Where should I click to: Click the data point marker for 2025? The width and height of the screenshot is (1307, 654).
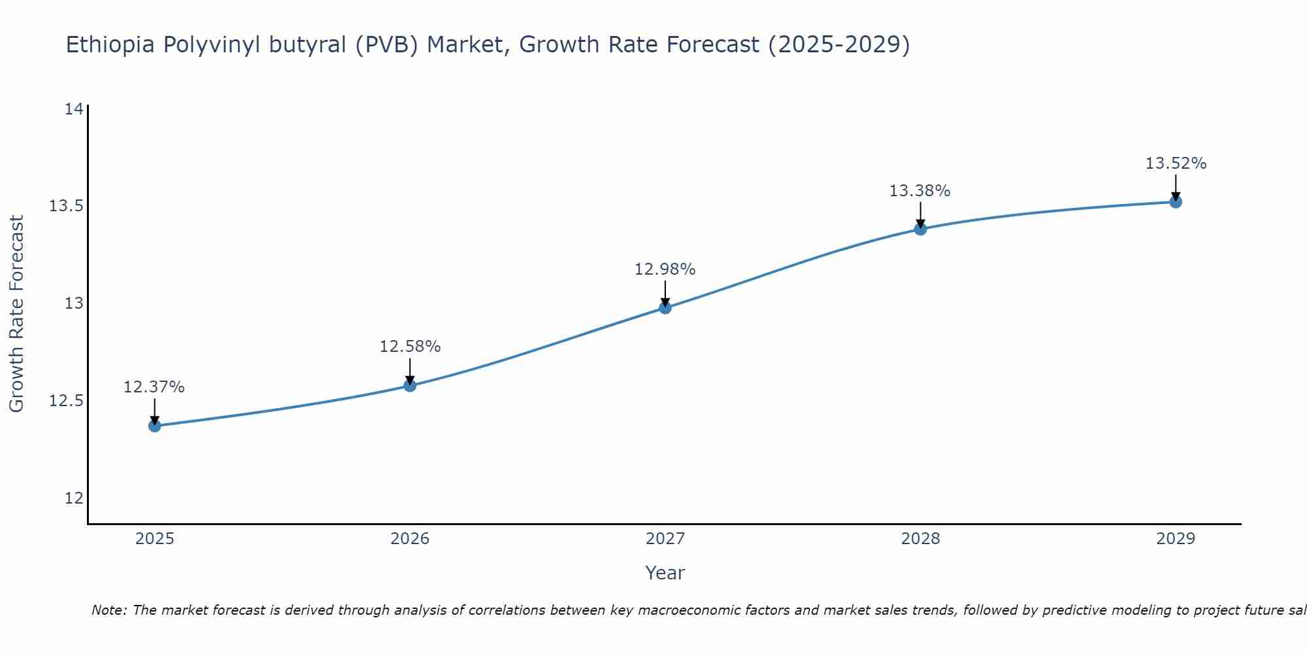tap(155, 426)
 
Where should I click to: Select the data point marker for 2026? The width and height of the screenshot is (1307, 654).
tap(410, 385)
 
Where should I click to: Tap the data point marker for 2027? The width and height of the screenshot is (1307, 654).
tap(665, 307)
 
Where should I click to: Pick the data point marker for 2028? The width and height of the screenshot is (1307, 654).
tap(920, 229)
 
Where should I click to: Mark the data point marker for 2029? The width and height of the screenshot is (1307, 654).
tap(1176, 201)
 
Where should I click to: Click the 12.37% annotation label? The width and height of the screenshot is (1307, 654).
tap(154, 387)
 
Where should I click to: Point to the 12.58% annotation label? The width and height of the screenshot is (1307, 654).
tap(410, 347)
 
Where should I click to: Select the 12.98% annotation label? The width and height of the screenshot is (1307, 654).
tap(665, 269)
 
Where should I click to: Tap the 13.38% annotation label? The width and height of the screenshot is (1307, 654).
tap(920, 191)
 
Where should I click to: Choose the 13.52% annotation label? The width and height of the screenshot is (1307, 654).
tap(1176, 163)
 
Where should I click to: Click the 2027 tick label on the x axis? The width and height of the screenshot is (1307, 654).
tap(665, 539)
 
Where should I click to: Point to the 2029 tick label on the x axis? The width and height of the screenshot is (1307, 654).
tap(1176, 539)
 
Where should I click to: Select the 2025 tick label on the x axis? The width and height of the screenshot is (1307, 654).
tap(155, 539)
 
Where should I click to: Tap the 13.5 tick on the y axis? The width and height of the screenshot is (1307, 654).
tap(67, 206)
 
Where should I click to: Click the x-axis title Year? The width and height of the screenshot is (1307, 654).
tap(665, 573)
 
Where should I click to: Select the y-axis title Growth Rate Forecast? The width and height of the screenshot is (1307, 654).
tap(17, 314)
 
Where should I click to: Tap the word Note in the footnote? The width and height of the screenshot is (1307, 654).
tap(104, 610)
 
